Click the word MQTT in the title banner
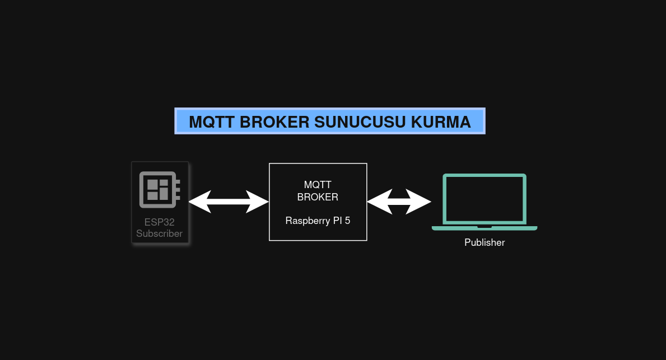pyautogui.click(x=210, y=122)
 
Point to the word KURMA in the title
pyautogui.click(x=442, y=122)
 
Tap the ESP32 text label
pyautogui.click(x=159, y=222)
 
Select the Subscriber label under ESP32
pyautogui.click(x=159, y=233)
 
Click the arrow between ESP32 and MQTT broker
pyautogui.click(x=229, y=202)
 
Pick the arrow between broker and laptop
pyautogui.click(x=399, y=202)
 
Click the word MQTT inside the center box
pyautogui.click(x=318, y=185)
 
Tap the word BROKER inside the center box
pyautogui.click(x=318, y=197)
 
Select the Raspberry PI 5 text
pyautogui.click(x=318, y=221)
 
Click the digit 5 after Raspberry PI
pyautogui.click(x=347, y=221)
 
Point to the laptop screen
pyautogui.click(x=485, y=199)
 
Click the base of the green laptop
pyautogui.click(x=485, y=228)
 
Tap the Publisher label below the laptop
pyautogui.click(x=485, y=243)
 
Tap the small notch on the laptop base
pyautogui.click(x=485, y=227)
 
